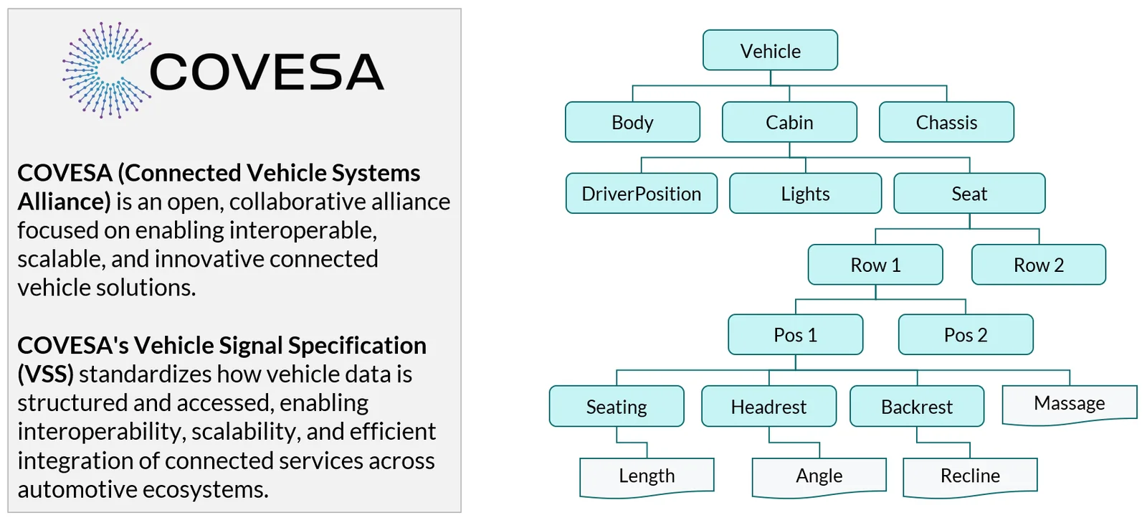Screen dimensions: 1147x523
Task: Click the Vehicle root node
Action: (x=770, y=50)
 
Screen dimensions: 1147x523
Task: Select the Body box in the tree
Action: (x=632, y=122)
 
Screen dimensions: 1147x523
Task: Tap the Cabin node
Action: (x=789, y=122)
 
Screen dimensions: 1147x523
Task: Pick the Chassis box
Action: (x=947, y=122)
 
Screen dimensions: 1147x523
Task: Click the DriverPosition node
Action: (x=642, y=193)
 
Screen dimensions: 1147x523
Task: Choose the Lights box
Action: (x=806, y=193)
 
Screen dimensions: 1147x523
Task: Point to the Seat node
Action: (x=970, y=193)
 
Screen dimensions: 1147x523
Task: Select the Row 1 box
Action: (x=875, y=264)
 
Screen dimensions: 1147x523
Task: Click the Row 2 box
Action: (x=1039, y=264)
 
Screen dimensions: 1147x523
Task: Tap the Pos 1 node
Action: (x=796, y=334)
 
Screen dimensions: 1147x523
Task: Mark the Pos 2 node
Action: (x=966, y=334)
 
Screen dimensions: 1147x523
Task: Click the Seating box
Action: (x=617, y=406)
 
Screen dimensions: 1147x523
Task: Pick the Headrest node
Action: (x=769, y=406)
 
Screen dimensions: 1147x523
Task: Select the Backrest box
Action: (x=917, y=406)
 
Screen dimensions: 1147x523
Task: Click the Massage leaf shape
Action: (x=1070, y=405)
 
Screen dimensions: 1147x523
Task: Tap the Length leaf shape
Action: (x=647, y=476)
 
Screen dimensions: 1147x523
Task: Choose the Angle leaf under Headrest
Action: (x=819, y=476)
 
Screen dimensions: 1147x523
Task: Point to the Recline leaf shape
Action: (x=971, y=476)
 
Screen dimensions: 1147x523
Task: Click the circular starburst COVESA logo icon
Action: (x=107, y=70)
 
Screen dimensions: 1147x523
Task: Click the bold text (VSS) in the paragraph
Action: (x=46, y=374)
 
